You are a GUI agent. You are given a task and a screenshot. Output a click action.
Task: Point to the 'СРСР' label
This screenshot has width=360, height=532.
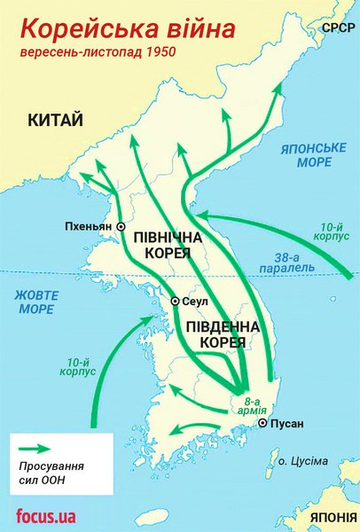(x=337, y=28)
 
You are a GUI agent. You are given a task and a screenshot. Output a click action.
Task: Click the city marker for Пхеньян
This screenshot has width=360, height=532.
(x=121, y=227)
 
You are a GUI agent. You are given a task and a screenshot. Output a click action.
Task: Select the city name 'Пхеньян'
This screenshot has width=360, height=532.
(x=89, y=227)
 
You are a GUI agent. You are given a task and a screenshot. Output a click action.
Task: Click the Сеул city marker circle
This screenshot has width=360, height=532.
(x=176, y=301)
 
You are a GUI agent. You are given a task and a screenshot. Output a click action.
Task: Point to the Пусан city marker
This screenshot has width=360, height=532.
(x=262, y=424)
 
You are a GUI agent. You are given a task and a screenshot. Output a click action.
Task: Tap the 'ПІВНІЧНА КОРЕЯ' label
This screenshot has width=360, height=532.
(x=168, y=246)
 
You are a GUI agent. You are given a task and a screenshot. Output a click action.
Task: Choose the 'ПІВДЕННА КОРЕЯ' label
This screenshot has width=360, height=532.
(x=223, y=334)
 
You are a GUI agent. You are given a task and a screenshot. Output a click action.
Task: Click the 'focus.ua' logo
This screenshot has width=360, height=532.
(x=44, y=515)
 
